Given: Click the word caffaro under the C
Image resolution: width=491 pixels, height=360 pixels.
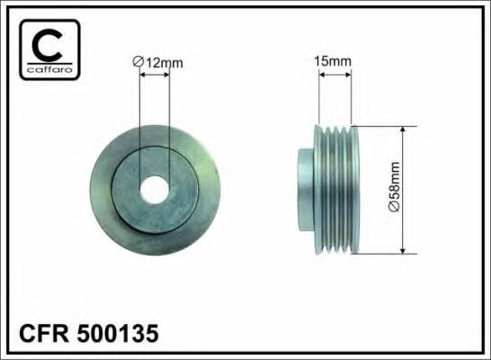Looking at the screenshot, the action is (49, 69).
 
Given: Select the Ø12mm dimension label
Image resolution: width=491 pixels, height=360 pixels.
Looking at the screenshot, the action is (157, 62).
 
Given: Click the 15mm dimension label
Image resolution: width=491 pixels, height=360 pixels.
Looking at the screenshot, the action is (333, 61).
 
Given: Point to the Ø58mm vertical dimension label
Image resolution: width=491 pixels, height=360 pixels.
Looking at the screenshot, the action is (394, 186).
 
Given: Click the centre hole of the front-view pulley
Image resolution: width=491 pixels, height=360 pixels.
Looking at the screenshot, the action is (155, 190).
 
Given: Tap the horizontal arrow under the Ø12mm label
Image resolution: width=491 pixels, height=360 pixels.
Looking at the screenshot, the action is (155, 75).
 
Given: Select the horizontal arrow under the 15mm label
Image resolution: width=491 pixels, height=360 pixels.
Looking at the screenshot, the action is (335, 75).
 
